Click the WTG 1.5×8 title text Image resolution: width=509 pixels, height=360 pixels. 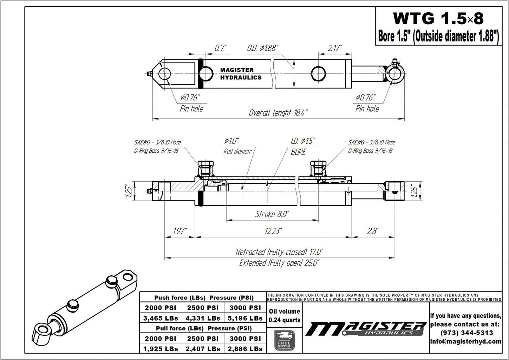(x=438, y=18)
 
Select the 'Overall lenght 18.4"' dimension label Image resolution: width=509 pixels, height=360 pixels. (x=278, y=113)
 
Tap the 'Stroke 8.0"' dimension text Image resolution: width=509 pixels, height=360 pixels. (x=272, y=214)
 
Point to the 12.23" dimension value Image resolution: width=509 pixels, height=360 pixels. (x=274, y=231)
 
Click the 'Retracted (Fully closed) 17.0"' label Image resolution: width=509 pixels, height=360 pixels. (x=279, y=252)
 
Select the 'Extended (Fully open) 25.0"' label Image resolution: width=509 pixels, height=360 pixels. (x=279, y=263)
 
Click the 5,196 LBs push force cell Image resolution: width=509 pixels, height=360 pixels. (x=245, y=318)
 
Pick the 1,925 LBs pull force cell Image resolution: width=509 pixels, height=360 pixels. (x=161, y=349)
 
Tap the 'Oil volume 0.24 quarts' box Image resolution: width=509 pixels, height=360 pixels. (x=284, y=315)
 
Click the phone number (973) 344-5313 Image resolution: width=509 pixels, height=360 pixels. (x=466, y=333)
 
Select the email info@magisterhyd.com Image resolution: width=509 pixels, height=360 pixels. (x=466, y=341)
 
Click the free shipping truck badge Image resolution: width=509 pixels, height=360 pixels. (x=284, y=340)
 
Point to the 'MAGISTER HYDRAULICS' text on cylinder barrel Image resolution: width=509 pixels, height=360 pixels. (x=241, y=74)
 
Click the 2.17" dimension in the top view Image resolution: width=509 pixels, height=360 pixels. (x=335, y=48)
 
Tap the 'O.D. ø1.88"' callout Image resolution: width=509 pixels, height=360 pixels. (x=262, y=48)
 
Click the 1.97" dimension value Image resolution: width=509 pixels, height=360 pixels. (x=180, y=231)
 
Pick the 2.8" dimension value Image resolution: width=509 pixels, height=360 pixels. (x=372, y=231)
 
